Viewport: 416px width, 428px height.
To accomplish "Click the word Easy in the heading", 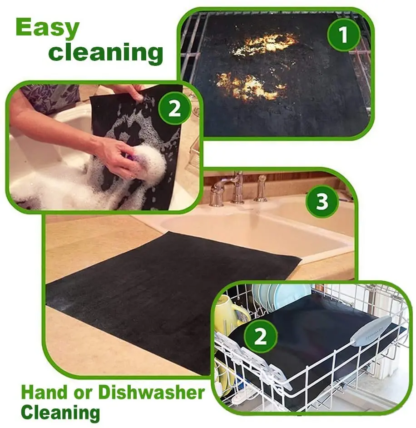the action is click(48, 28).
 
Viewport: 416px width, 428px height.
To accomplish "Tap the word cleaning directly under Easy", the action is click(106, 53).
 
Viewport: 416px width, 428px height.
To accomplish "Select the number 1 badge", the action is click(344, 35).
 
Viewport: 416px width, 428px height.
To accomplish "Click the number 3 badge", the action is click(322, 201).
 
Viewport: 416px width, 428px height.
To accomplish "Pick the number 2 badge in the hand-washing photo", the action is click(174, 109).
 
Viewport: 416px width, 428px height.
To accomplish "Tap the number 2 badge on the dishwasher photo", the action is click(261, 336).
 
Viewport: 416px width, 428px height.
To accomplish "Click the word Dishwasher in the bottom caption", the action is click(151, 392).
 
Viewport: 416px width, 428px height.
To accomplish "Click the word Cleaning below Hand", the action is click(60, 412).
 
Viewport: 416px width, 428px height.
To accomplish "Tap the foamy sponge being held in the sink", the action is click(150, 164).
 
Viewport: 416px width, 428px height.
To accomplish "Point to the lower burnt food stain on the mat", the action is click(250, 86).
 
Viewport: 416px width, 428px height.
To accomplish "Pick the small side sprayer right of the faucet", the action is click(261, 189).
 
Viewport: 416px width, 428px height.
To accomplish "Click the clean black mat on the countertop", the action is click(163, 295).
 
